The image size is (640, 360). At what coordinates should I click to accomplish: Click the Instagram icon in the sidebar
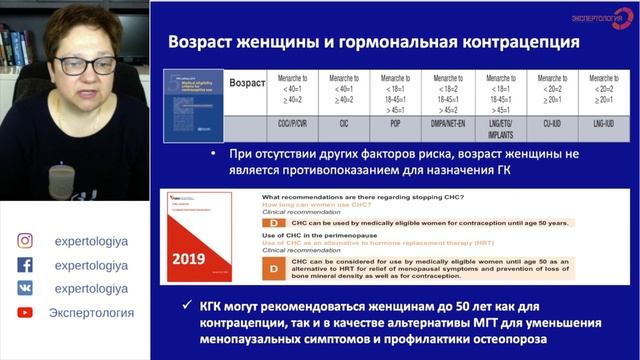(24, 240)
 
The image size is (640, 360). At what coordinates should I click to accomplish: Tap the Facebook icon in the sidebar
(24, 264)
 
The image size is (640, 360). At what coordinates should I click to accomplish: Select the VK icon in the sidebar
(24, 288)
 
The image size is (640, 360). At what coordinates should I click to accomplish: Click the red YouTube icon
(24, 312)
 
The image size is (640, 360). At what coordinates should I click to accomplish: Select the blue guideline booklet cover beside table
(195, 105)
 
